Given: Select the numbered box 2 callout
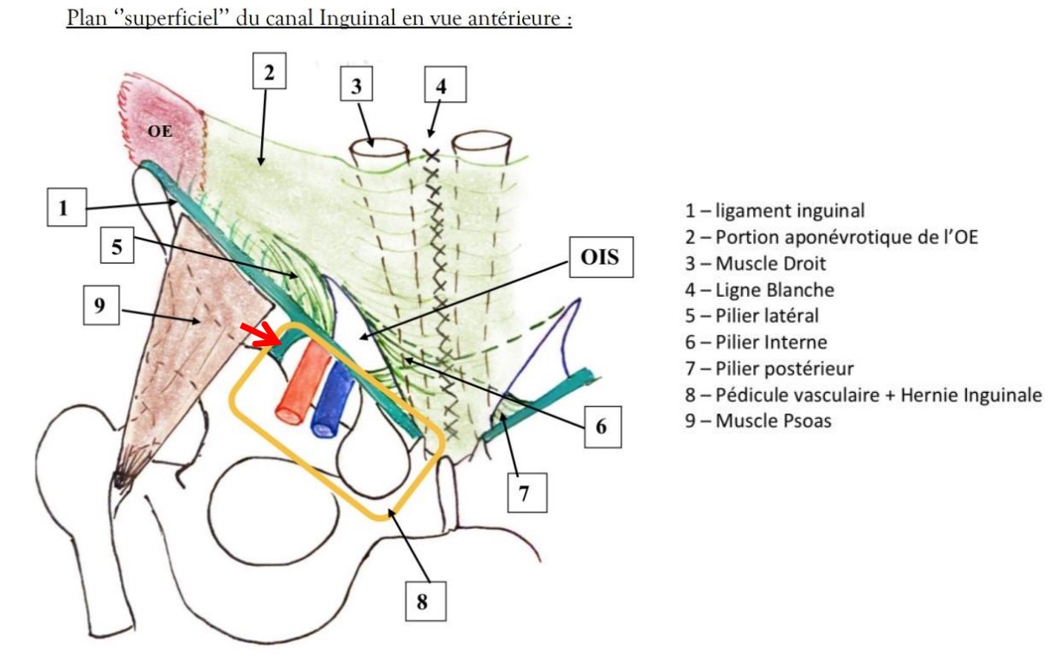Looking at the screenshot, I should coord(269,73).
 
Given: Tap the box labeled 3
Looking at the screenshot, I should coord(356,86).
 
